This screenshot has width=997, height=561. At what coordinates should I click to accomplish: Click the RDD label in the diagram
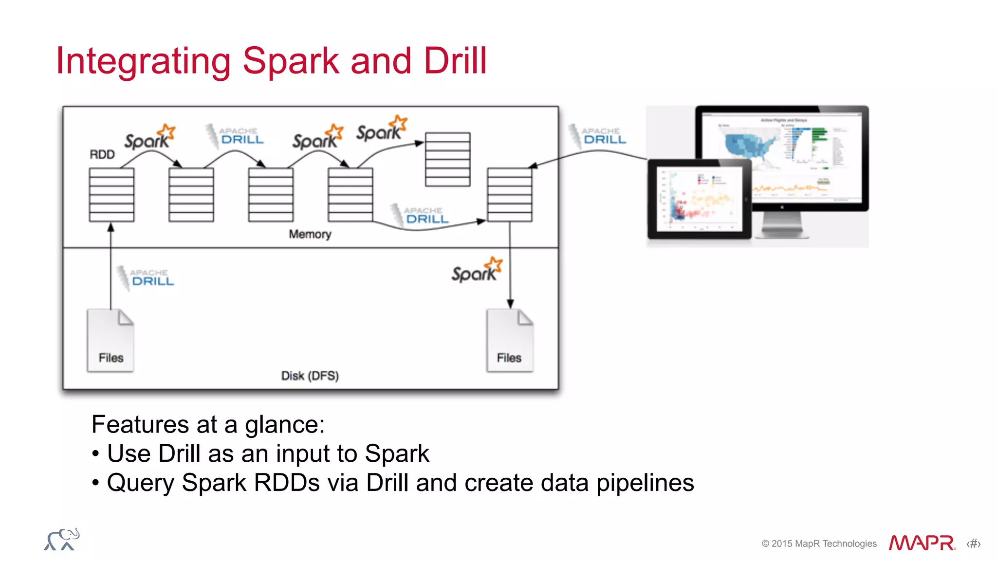pyautogui.click(x=102, y=154)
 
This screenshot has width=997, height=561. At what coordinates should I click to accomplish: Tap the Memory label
pyautogui.click(x=310, y=234)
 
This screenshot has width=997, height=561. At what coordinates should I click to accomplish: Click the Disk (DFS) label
pyautogui.click(x=310, y=376)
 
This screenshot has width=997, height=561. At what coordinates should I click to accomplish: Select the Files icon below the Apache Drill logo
pyautogui.click(x=111, y=341)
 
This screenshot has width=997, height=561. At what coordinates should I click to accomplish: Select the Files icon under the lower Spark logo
pyautogui.click(x=510, y=341)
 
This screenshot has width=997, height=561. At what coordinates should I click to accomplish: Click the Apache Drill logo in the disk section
pyautogui.click(x=146, y=278)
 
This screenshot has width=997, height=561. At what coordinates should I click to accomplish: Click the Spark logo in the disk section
pyautogui.click(x=476, y=271)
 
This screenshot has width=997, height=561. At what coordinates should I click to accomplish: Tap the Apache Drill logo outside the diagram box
pyautogui.click(x=598, y=136)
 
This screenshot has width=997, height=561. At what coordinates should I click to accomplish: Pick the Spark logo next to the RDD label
pyautogui.click(x=149, y=138)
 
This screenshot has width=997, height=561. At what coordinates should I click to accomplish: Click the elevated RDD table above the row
pyautogui.click(x=447, y=159)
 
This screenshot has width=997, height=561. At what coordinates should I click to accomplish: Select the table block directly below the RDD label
pyautogui.click(x=111, y=195)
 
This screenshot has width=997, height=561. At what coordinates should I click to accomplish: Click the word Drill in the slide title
pyautogui.click(x=455, y=61)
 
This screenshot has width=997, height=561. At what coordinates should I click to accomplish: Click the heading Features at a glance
pyautogui.click(x=208, y=424)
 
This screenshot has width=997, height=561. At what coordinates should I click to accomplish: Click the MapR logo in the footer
pyautogui.click(x=922, y=543)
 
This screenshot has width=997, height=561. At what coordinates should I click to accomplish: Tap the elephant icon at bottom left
pyautogui.click(x=62, y=539)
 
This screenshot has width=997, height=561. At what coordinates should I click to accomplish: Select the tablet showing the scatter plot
pyautogui.click(x=699, y=199)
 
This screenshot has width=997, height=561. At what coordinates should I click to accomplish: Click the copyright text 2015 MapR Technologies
pyautogui.click(x=819, y=543)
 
